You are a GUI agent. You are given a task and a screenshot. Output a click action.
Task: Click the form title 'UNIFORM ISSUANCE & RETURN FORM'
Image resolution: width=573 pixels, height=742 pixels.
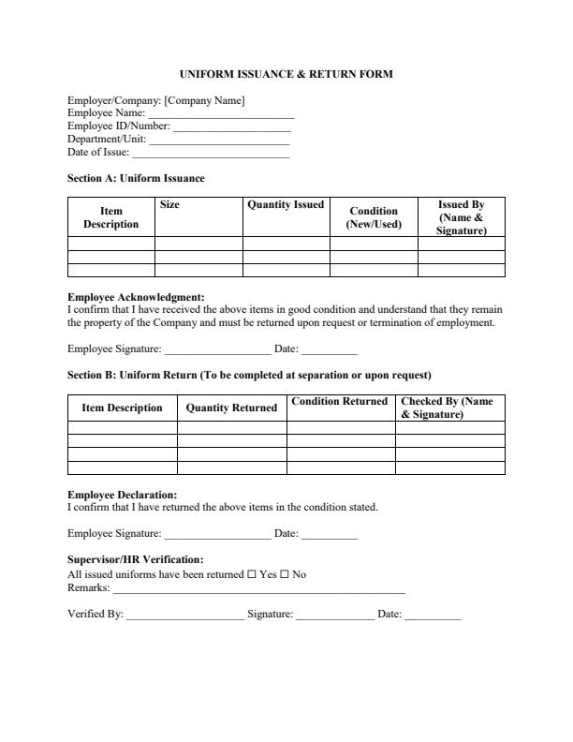[x=286, y=73]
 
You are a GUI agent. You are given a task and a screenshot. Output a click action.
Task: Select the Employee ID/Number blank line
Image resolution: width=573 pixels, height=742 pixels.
[x=232, y=126]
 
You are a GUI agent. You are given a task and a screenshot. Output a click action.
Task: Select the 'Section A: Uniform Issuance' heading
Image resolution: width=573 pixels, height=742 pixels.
[x=136, y=178]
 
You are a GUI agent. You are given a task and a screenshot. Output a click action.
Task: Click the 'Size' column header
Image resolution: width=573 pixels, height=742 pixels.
[x=169, y=204]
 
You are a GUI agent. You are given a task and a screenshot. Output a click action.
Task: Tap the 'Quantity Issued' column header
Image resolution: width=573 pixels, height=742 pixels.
[x=286, y=204]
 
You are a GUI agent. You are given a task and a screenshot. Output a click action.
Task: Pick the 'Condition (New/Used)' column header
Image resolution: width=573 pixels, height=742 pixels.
[x=374, y=217]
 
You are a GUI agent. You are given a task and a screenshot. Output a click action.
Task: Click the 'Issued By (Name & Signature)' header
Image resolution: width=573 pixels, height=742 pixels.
[x=461, y=217]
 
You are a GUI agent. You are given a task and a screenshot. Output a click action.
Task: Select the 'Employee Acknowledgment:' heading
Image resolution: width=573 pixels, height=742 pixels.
[x=136, y=298]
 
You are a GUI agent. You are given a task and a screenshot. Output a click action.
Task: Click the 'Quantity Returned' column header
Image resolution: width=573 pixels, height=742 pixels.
[x=231, y=408]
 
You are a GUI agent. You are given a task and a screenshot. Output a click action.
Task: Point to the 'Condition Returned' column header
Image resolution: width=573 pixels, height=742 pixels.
[x=339, y=401]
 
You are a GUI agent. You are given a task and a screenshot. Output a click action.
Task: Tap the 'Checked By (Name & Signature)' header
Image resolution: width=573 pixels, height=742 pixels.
[x=447, y=408]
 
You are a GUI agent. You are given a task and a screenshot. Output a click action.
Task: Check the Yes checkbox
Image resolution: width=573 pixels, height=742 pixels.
[x=251, y=574]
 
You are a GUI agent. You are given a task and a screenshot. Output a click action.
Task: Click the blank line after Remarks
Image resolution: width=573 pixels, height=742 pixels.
[x=258, y=590]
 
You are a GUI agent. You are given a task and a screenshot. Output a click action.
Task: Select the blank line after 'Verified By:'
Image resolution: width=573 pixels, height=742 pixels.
[x=184, y=616]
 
